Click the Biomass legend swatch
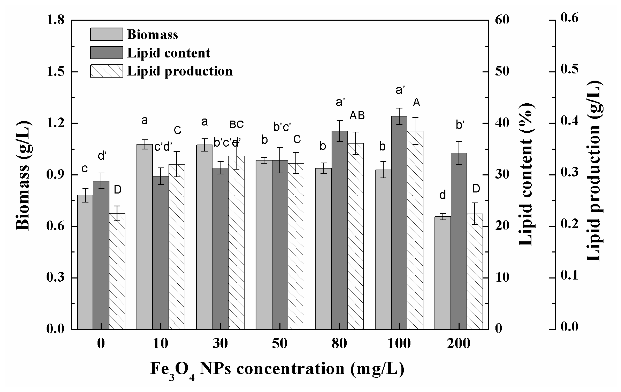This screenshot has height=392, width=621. [106, 34]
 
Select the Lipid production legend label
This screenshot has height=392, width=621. [180, 71]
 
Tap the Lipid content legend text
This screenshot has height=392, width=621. [169, 53]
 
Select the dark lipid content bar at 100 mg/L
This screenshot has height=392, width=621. [399, 222]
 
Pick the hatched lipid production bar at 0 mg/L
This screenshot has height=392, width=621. [117, 271]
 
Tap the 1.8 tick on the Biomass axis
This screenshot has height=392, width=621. [55, 20]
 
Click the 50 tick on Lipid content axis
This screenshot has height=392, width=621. [502, 71]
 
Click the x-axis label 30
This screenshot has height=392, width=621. [220, 343]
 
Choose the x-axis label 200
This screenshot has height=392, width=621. [459, 343]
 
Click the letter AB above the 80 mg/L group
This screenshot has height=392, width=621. [357, 115]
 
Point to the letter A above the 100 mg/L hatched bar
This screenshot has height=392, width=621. [416, 103]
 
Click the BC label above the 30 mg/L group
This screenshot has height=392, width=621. [236, 125]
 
